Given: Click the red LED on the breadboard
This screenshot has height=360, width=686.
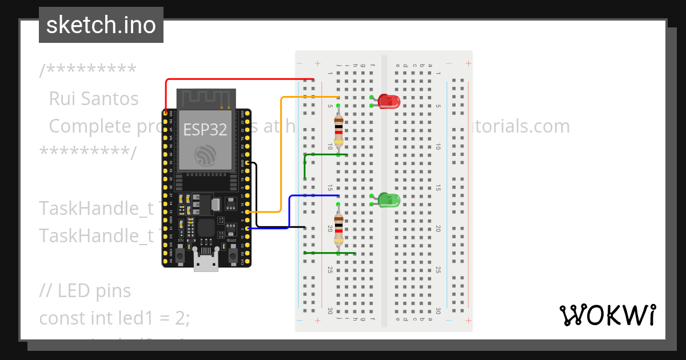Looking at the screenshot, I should tap(390, 102).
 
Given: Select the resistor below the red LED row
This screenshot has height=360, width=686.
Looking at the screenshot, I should tap(339, 130).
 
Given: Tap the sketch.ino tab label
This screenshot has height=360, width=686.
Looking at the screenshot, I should tap(101, 25).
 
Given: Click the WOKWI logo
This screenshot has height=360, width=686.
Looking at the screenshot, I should tap(607, 315).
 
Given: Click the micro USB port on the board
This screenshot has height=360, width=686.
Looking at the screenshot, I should tap(206, 263).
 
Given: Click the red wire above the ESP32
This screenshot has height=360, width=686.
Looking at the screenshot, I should tap(240, 79).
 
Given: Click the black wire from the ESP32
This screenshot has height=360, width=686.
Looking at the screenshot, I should tap(257, 194).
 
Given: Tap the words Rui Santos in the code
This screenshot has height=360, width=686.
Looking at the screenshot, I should tap(94, 99).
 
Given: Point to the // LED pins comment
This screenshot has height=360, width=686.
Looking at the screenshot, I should tap(85, 291).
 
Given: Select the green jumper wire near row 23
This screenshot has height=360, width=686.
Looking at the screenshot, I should tap(330, 253).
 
